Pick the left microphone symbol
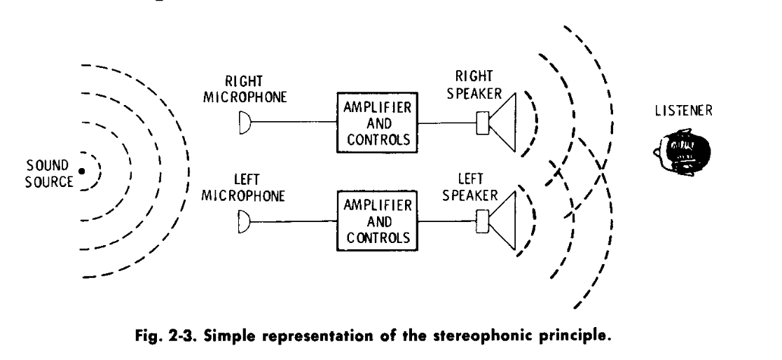click(x=244, y=226)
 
